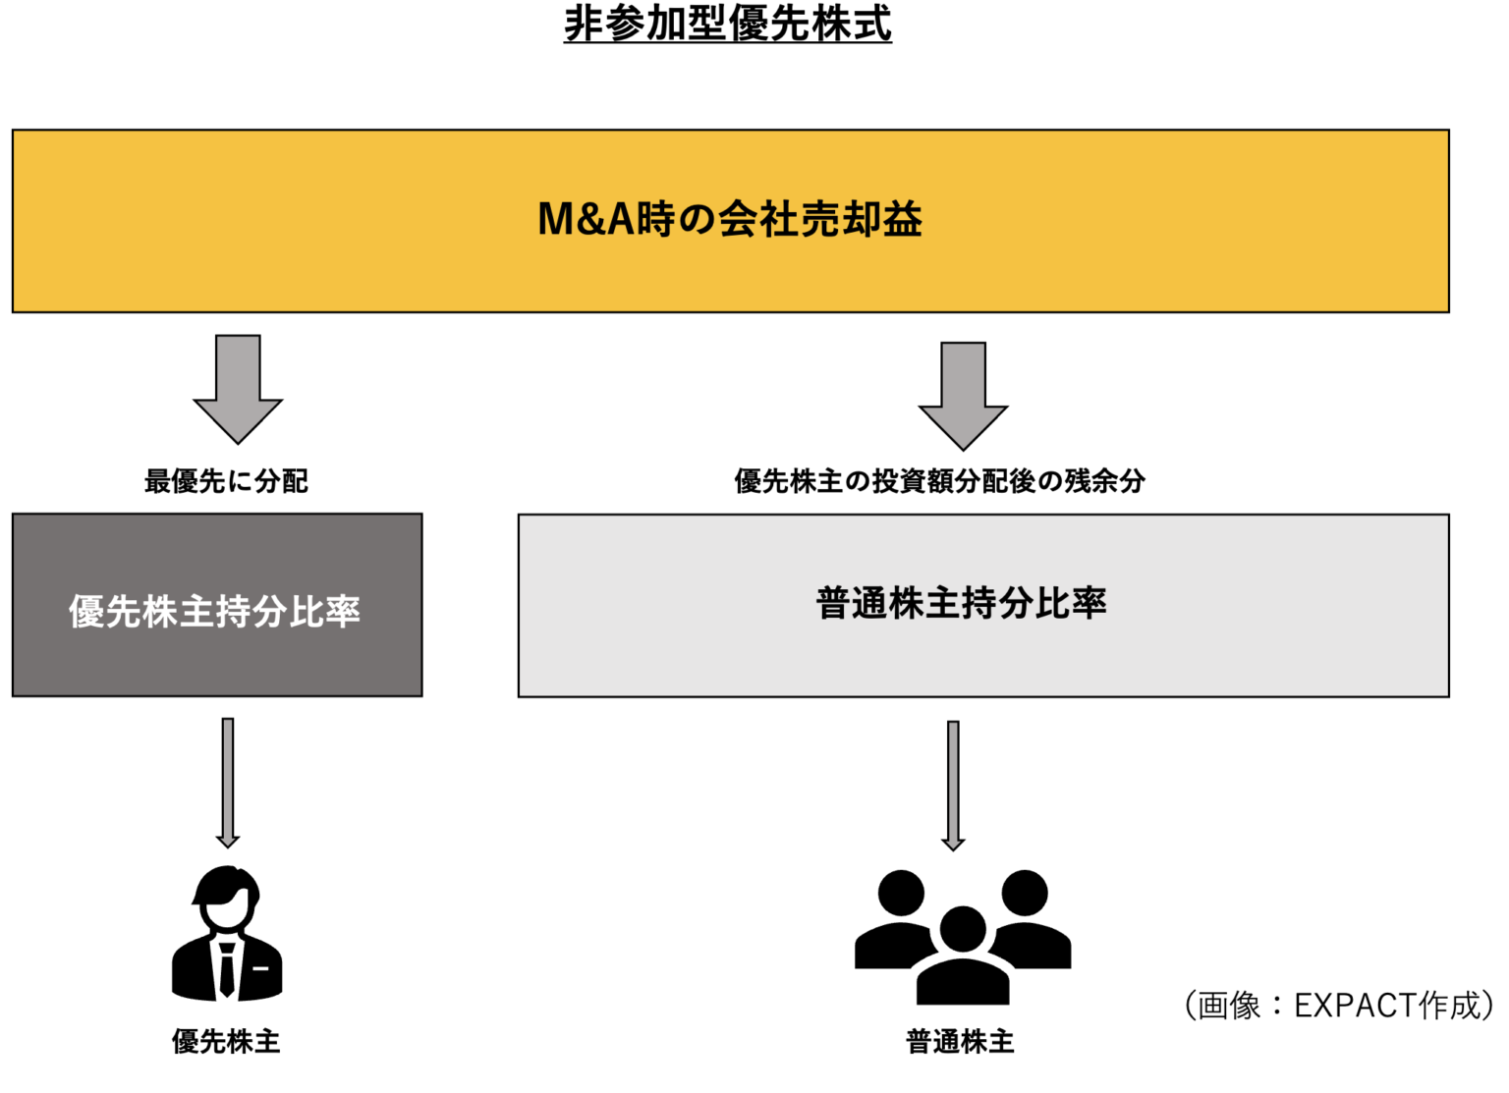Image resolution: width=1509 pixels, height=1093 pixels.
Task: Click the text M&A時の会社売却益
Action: coord(730,219)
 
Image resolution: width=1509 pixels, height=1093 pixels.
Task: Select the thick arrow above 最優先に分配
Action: coord(238,388)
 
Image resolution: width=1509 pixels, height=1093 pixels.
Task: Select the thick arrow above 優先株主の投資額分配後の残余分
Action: coord(963,395)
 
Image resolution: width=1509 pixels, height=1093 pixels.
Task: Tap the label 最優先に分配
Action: coord(226,481)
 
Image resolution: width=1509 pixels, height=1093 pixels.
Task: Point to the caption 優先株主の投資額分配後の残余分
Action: coord(939,481)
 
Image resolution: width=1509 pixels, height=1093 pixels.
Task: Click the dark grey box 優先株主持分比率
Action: coord(217,605)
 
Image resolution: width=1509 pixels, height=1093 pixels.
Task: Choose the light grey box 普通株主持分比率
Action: coord(983,605)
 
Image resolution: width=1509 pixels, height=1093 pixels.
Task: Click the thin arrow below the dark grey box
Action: coord(228,782)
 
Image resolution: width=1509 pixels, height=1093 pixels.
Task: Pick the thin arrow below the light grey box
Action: coord(953,785)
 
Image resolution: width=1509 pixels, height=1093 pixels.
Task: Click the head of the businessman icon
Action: coord(227,898)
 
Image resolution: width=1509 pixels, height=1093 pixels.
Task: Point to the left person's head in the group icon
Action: coord(901,893)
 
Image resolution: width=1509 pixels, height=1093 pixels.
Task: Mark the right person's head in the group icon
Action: coord(1025,893)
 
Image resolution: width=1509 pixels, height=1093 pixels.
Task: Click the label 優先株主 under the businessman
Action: coord(226,1042)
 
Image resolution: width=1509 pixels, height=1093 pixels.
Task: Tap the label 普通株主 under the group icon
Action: coord(960,1042)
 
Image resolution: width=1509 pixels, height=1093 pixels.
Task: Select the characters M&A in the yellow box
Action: coord(586,219)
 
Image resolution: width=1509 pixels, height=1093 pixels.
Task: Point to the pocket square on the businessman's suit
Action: coord(261,968)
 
